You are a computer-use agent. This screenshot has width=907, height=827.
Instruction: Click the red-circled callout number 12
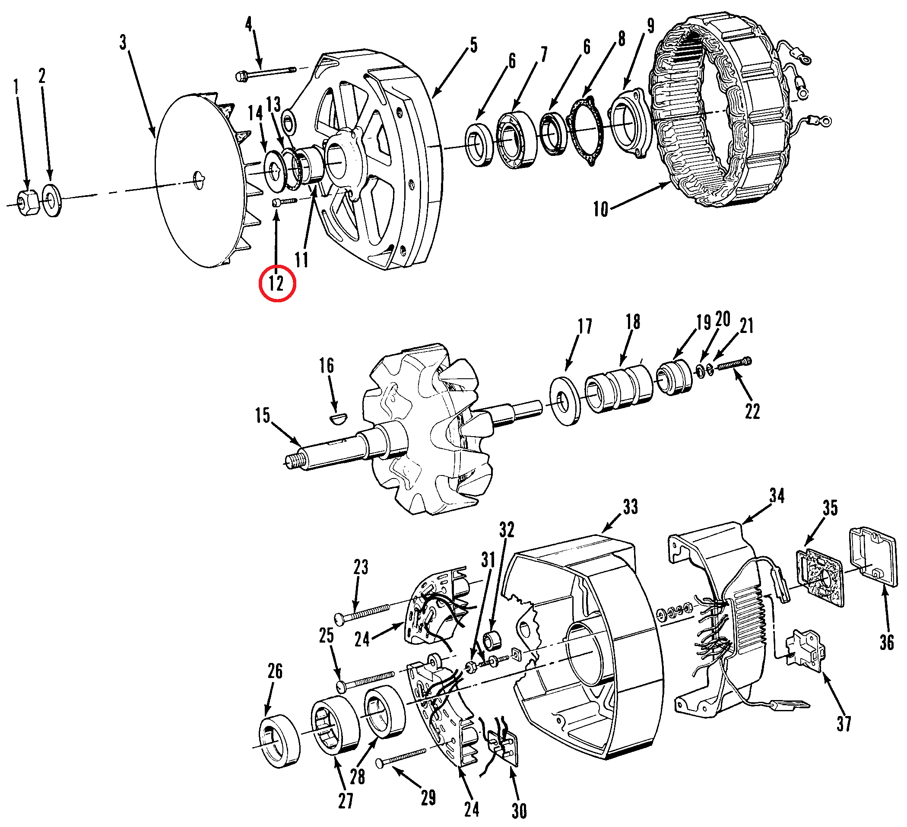(277, 283)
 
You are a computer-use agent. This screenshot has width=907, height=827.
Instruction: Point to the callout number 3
(123, 43)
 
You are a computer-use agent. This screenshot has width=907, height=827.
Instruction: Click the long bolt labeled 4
(266, 73)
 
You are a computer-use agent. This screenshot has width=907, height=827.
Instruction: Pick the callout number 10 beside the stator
(601, 209)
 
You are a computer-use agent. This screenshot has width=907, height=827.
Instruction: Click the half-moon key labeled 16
(337, 419)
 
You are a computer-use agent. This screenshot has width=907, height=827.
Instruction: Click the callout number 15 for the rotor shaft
(263, 415)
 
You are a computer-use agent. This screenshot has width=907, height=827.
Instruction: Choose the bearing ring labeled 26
(279, 740)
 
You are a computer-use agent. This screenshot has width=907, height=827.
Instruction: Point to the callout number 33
(630, 507)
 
